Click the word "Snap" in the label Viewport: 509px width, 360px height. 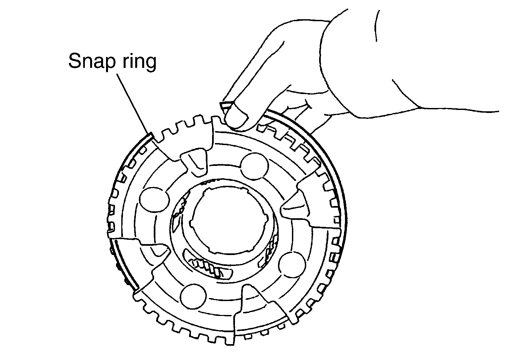92,62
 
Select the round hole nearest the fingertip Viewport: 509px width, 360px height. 254,166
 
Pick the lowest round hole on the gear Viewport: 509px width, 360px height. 194,296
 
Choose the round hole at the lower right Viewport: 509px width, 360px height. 292,264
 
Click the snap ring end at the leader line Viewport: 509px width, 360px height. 150,135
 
